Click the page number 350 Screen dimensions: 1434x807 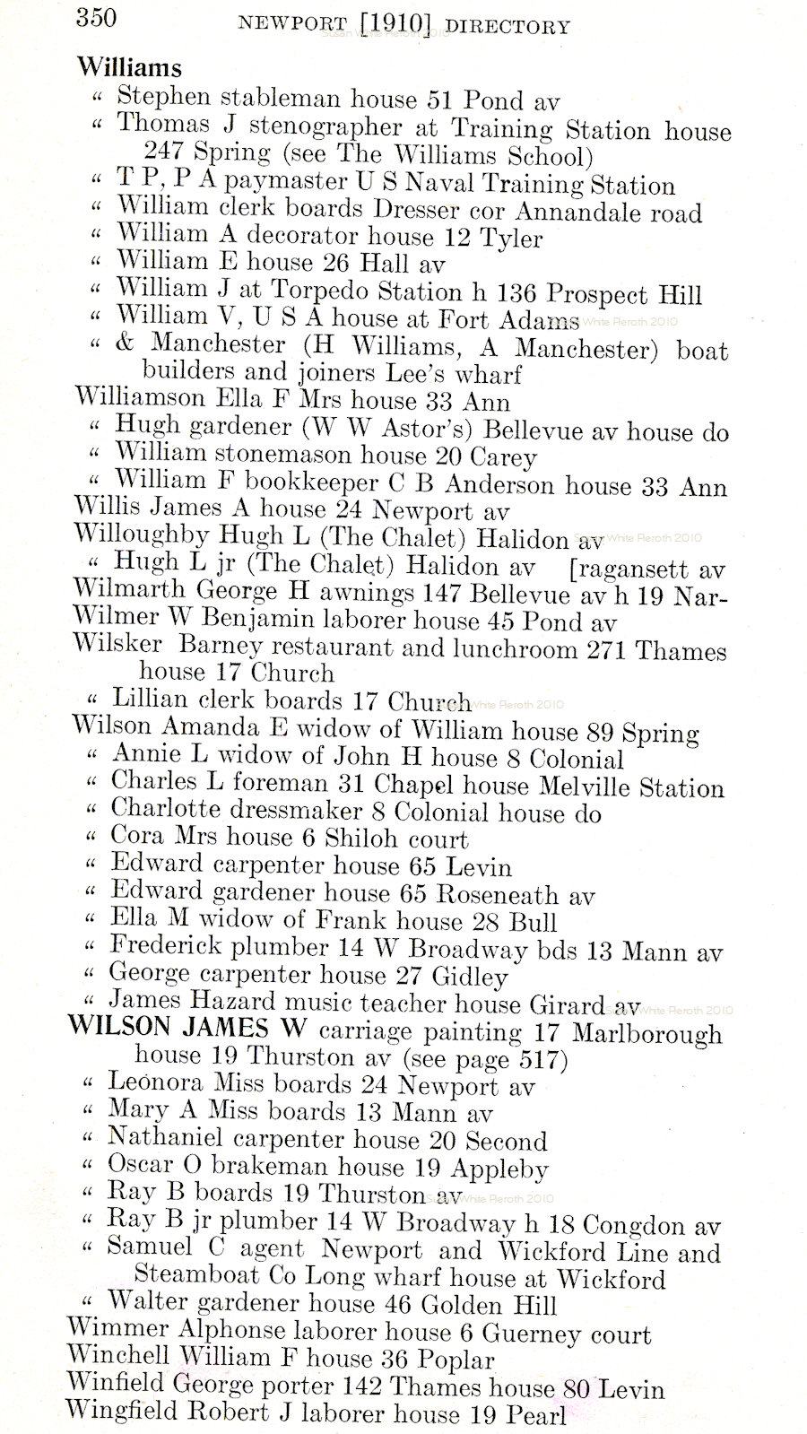pos(97,17)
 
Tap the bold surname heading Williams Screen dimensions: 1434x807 pos(129,67)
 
